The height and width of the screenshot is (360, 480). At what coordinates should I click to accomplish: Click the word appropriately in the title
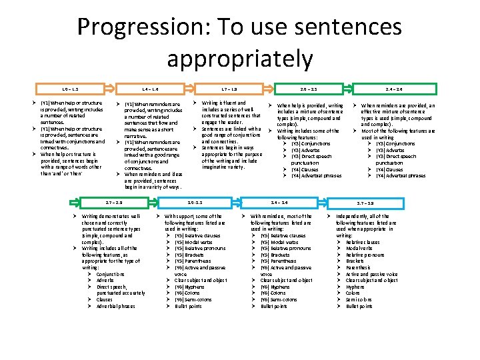pyautogui.click(x=240, y=58)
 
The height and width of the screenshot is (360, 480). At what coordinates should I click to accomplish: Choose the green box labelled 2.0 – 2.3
pyautogui.click(x=309, y=89)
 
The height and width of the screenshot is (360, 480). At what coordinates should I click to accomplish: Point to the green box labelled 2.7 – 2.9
pyautogui.click(x=114, y=202)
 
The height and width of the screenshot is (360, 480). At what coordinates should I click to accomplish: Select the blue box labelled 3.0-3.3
pyautogui.click(x=195, y=202)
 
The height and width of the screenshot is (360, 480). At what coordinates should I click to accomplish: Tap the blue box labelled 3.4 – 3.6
pyautogui.click(x=279, y=202)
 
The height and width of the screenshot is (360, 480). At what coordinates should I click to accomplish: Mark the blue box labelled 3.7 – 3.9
pyautogui.click(x=365, y=202)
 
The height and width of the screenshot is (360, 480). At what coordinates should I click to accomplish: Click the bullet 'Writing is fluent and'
pyautogui.click(x=223, y=103)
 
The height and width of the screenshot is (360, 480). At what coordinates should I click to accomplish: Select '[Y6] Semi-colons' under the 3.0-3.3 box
pyautogui.click(x=193, y=299)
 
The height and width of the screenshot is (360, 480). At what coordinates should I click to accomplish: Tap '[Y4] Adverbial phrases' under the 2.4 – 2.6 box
pyautogui.click(x=400, y=176)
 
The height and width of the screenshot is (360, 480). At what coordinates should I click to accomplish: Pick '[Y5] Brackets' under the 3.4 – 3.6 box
pyautogui.click(x=275, y=255)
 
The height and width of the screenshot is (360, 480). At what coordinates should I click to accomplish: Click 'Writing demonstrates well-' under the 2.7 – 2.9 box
pyautogui.click(x=111, y=217)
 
